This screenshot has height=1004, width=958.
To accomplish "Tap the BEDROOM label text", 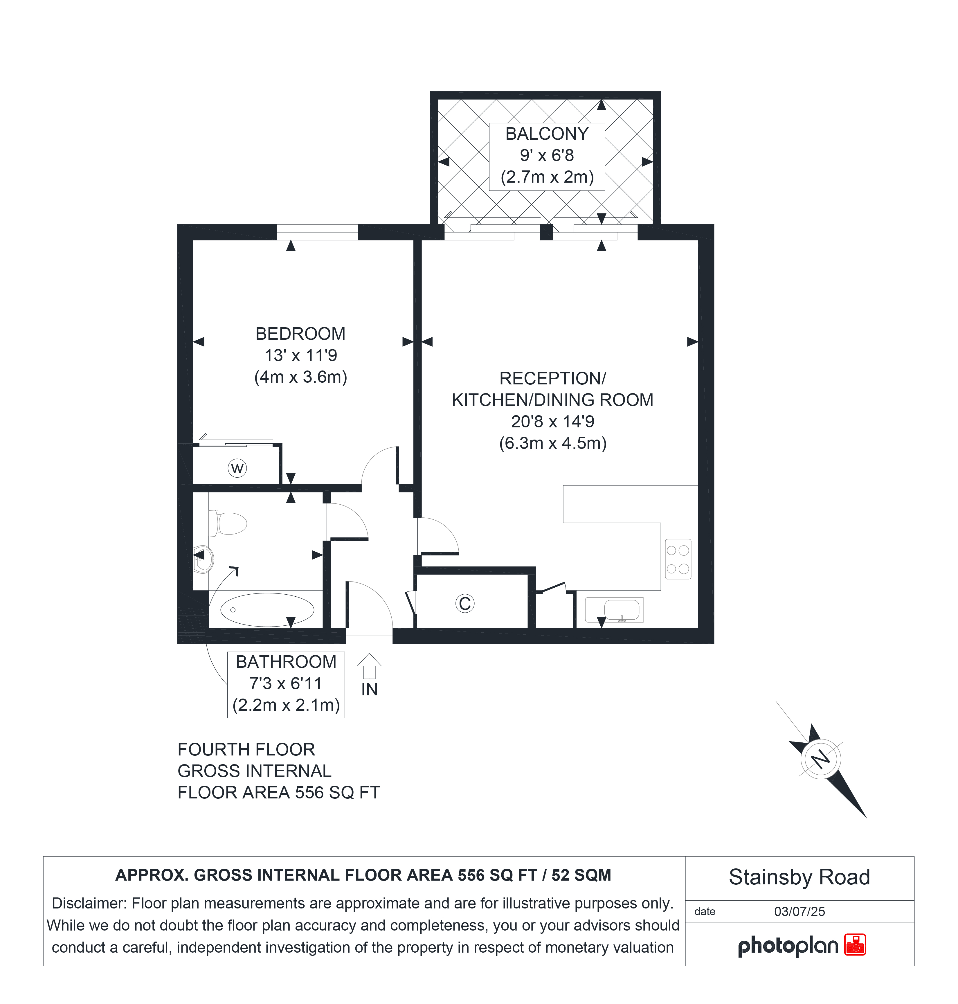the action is tap(300, 334).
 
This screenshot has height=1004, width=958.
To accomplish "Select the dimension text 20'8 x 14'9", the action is tap(552, 422).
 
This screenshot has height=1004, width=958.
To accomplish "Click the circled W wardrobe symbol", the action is tap(237, 468).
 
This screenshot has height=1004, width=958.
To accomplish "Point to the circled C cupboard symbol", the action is tap(465, 604).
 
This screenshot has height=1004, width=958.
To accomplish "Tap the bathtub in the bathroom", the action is tap(267, 610).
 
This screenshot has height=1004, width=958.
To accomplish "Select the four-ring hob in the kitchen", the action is tap(678, 559).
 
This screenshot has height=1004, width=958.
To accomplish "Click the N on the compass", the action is tap(821, 759).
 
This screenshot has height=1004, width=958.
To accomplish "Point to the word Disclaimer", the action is tap(89, 903).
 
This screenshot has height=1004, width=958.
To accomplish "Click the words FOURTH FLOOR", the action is tap(246, 750).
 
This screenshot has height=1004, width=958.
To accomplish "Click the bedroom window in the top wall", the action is tap(317, 232).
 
